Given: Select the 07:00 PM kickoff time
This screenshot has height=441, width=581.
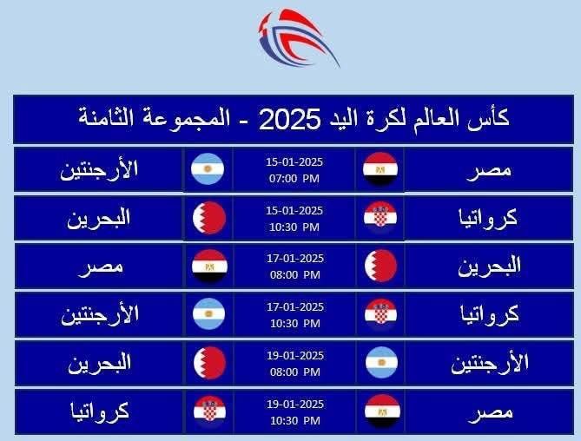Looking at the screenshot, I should point(294,178).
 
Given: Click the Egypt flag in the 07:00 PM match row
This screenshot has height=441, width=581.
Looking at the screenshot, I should point(380,168).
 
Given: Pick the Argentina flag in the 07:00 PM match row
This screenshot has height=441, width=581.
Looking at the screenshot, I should point(208,168).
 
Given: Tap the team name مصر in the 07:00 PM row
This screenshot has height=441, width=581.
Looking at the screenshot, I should point(489,168).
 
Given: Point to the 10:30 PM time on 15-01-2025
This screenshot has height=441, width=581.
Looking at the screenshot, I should point(294,227).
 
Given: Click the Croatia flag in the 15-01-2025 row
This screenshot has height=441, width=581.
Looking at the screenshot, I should point(380,217).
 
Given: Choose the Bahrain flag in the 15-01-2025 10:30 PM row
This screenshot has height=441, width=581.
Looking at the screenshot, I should point(208,217).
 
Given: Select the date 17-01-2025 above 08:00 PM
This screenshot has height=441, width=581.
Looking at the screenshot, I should point(294,259).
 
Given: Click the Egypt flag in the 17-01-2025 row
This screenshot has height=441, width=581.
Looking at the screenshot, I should point(209,266).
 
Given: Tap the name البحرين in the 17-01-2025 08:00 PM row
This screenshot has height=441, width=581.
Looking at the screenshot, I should point(489,266).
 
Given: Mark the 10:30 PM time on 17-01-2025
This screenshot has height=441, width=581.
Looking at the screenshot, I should point(294,323).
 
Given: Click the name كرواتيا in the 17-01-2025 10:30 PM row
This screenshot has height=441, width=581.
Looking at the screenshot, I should point(489,313).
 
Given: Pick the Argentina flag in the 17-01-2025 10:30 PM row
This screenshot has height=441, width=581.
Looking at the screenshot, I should point(208,313).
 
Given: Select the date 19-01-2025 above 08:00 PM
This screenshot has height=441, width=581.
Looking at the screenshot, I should point(294,356).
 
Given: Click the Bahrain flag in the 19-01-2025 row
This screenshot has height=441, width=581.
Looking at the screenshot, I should point(209,363).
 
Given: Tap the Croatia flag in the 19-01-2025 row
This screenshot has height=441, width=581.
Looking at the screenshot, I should point(209,411).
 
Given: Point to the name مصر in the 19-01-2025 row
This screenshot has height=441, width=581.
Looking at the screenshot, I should point(489,411).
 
